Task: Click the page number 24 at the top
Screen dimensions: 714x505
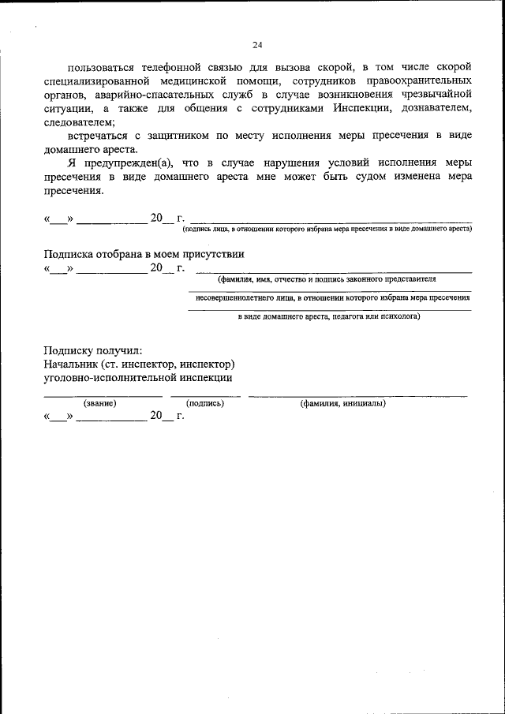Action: coord(258,44)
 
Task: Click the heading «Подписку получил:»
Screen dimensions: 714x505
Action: coord(93,350)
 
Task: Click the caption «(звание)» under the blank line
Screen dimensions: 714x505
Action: coord(100,403)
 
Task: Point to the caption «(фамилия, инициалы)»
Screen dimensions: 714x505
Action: coord(342,403)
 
